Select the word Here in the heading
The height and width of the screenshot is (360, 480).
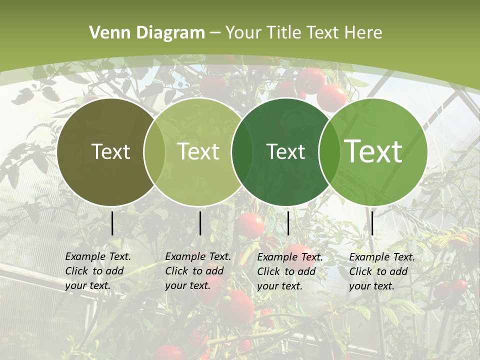point(363,33)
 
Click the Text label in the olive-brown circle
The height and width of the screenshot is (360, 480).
point(110,151)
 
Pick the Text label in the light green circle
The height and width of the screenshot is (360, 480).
point(198,151)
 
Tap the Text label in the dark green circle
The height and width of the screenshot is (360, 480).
point(285,151)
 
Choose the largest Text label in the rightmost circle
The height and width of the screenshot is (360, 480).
point(373,151)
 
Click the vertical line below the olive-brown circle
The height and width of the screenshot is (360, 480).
point(112,223)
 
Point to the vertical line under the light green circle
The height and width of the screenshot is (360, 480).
point(200,223)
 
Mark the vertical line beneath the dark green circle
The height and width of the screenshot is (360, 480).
point(288,223)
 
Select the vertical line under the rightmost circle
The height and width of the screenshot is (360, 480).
point(372,223)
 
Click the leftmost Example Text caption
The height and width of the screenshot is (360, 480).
point(97,271)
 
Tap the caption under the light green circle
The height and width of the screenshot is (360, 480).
point(197,271)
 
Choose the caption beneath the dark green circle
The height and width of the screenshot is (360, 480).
point(289,271)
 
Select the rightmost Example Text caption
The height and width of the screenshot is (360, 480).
point(381,271)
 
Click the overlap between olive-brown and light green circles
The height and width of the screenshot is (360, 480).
point(154,151)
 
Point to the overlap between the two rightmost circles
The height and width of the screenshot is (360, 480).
point(328,151)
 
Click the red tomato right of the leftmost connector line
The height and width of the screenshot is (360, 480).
point(250,225)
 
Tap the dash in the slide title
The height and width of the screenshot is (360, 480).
point(215,33)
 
